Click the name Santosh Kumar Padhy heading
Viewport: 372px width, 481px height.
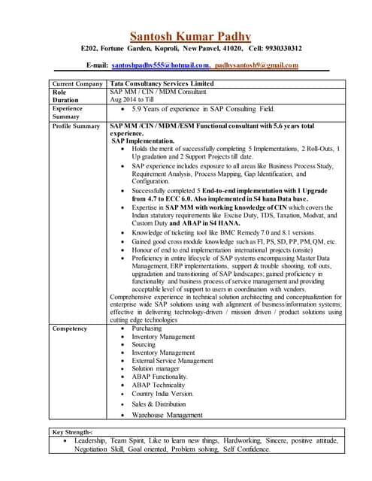(x=190, y=36)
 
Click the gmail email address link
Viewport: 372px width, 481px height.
(x=256, y=66)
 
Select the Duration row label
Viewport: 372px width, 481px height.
(x=65, y=100)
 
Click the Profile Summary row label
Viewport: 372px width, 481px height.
(x=77, y=126)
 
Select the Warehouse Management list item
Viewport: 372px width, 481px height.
(x=167, y=414)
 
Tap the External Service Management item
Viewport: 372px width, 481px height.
(x=174, y=361)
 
